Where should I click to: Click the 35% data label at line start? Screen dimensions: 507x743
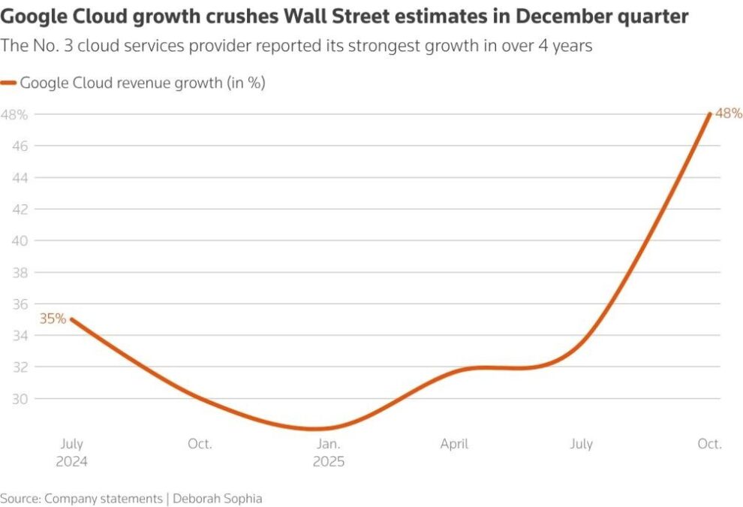tap(53, 318)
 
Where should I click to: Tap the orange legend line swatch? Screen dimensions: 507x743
tap(9, 83)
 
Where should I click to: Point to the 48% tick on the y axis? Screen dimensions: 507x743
tap(14, 115)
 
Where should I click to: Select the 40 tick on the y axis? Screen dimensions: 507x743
tap(20, 241)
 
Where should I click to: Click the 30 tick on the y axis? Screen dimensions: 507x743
tap(20, 399)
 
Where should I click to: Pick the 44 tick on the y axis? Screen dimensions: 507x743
tap(20, 178)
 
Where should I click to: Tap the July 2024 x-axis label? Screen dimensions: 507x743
tap(71, 452)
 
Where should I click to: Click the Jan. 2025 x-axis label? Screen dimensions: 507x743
tap(329, 452)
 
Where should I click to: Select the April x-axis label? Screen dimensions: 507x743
tap(454, 444)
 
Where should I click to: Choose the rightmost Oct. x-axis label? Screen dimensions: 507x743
tap(709, 444)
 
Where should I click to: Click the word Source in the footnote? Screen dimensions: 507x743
tap(20, 498)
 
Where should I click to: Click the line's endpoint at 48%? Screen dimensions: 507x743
tap(710, 114)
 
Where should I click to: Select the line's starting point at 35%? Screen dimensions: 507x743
tap(71, 319)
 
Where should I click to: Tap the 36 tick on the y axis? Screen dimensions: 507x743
tap(20, 304)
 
